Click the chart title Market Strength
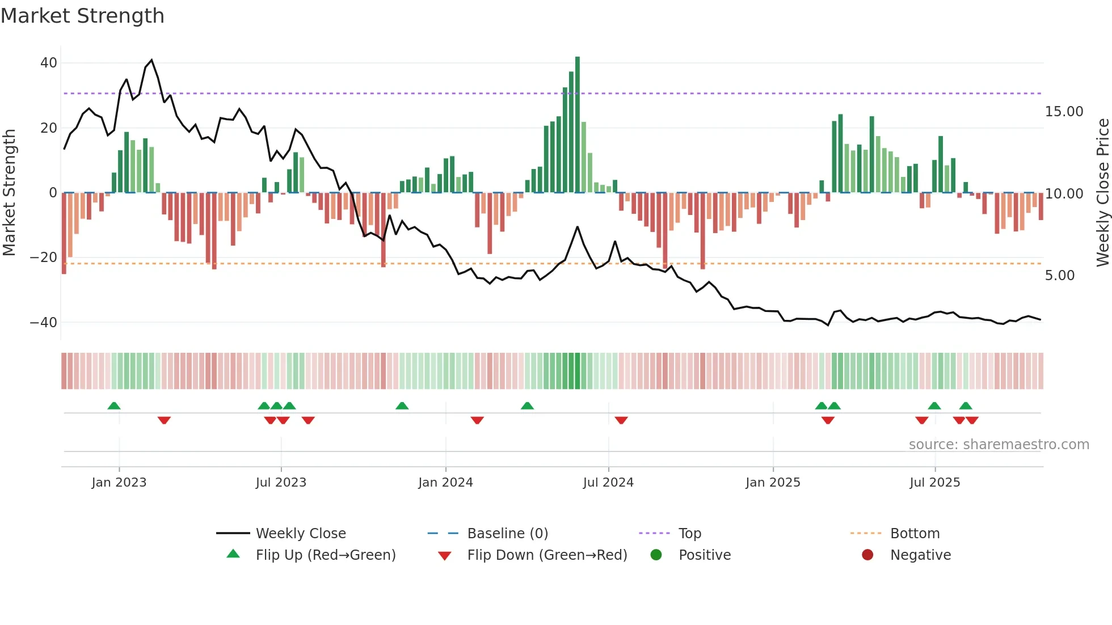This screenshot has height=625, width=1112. pos(82,16)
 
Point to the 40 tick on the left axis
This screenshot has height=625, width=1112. pos(49,63)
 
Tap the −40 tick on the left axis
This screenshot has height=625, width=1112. pos(44,323)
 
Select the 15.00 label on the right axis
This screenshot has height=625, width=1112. pos(1064,112)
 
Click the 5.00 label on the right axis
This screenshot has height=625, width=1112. pos(1059,276)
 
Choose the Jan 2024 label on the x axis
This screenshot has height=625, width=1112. pos(445,483)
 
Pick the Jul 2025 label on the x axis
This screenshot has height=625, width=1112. pos(934,483)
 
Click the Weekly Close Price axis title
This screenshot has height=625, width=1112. pos(1102,193)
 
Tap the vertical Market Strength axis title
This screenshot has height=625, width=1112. pos(9,193)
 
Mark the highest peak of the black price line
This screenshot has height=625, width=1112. pos(151,60)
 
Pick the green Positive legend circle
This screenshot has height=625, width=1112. pos(656,555)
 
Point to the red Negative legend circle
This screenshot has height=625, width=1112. pos(867,555)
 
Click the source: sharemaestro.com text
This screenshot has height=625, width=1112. pos(999,445)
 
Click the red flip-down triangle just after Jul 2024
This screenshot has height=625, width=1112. pos(621,420)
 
